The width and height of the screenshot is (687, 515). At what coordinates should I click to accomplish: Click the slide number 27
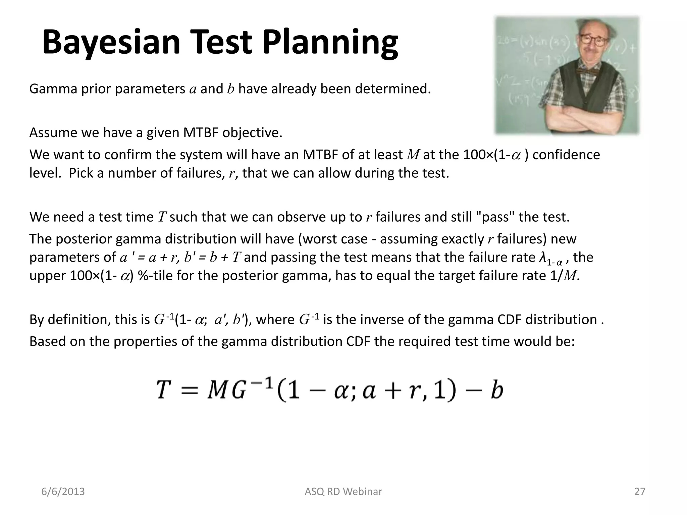tap(640, 492)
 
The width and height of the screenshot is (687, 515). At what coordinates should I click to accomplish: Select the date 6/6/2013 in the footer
tap(63, 492)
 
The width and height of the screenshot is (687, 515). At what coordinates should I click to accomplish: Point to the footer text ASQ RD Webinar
tap(343, 492)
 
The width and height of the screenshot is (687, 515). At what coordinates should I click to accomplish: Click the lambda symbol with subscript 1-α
tap(542, 257)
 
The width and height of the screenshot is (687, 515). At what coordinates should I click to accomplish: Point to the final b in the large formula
tap(497, 390)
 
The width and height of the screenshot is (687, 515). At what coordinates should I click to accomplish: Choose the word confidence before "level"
tap(566, 155)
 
